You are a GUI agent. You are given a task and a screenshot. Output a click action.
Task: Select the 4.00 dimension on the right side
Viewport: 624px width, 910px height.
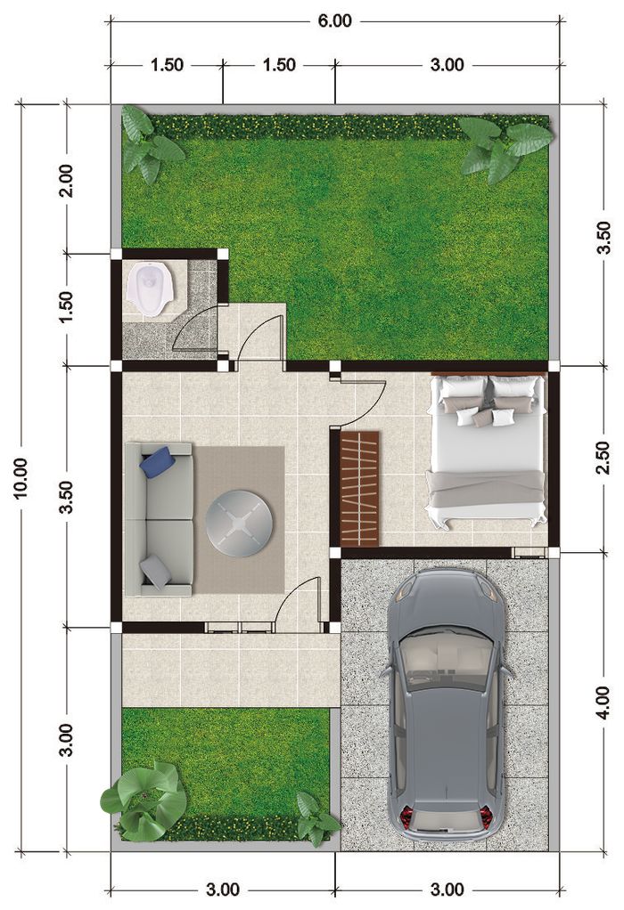[x=603, y=702]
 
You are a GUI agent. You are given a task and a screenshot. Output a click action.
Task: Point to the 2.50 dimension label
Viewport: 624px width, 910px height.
[x=603, y=458]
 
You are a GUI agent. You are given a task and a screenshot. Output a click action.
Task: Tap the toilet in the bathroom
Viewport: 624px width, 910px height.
[x=150, y=287]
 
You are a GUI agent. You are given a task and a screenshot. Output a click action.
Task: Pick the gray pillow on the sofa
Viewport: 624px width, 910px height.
[x=157, y=571]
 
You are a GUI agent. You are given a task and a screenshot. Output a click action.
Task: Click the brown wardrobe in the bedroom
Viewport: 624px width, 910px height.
[x=360, y=488]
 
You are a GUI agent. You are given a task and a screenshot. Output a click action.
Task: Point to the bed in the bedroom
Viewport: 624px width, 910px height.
[x=487, y=450]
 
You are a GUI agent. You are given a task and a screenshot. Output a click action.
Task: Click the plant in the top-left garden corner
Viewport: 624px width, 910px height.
[x=147, y=142]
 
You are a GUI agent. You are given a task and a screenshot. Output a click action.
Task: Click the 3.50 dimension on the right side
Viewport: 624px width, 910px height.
[x=603, y=237]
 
